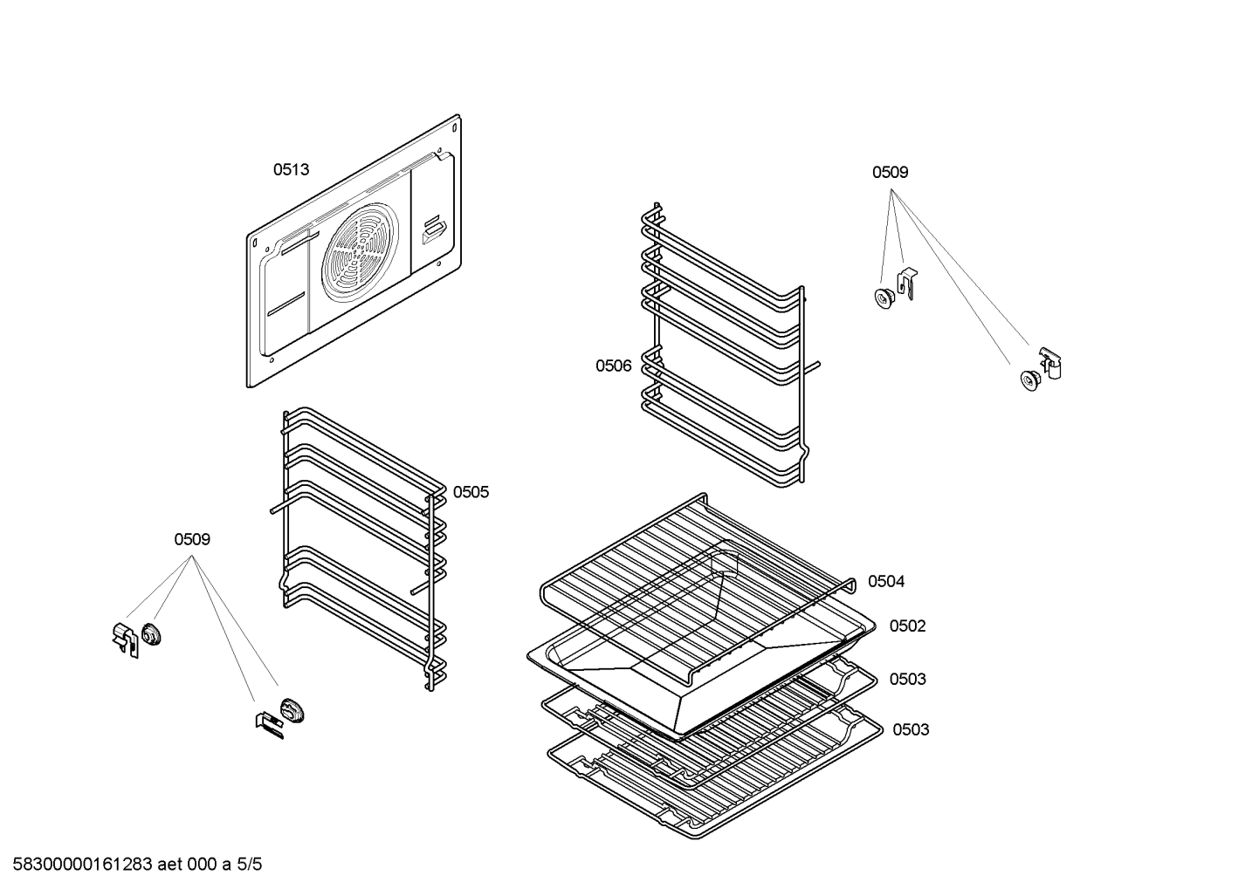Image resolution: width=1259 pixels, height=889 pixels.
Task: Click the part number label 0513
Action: (x=291, y=169)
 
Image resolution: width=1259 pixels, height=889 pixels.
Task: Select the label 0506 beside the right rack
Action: (x=613, y=366)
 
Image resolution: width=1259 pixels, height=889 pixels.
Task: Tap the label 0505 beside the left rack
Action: (x=471, y=493)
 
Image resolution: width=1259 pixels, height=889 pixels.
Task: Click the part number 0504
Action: (x=886, y=582)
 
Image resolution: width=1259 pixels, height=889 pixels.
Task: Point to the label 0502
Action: (x=907, y=626)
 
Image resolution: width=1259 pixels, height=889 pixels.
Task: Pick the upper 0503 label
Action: (x=907, y=680)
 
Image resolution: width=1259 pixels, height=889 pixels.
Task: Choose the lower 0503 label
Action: (x=911, y=730)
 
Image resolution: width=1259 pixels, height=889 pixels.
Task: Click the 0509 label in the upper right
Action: (x=890, y=173)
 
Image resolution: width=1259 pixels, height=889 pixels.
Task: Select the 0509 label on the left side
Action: (x=192, y=540)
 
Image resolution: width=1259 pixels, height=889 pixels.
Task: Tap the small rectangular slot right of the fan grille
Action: (x=435, y=230)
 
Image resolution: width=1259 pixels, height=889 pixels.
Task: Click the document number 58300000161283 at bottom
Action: (x=83, y=865)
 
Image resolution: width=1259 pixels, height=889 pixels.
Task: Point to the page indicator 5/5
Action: (x=249, y=865)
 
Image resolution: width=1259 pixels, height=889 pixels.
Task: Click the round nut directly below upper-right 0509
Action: (x=884, y=298)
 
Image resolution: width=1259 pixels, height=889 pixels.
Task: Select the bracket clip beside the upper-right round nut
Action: (x=907, y=284)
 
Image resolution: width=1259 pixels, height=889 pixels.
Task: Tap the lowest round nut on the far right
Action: (x=1031, y=380)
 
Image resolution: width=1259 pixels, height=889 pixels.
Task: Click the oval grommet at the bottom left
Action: (x=292, y=710)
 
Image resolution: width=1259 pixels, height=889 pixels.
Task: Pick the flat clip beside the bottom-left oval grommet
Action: (x=270, y=725)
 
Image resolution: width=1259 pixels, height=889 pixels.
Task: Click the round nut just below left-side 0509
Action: (x=151, y=634)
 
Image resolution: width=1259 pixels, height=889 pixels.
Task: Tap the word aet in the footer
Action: (x=169, y=865)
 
